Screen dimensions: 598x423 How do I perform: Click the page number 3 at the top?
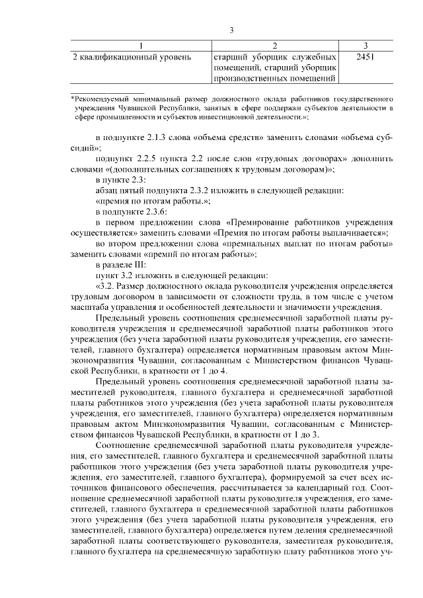tap(232, 30)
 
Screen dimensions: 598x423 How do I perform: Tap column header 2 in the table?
tap(276, 45)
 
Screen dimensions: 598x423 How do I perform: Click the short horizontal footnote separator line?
tap(108, 91)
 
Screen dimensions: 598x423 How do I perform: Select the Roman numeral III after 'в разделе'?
tap(141, 264)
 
